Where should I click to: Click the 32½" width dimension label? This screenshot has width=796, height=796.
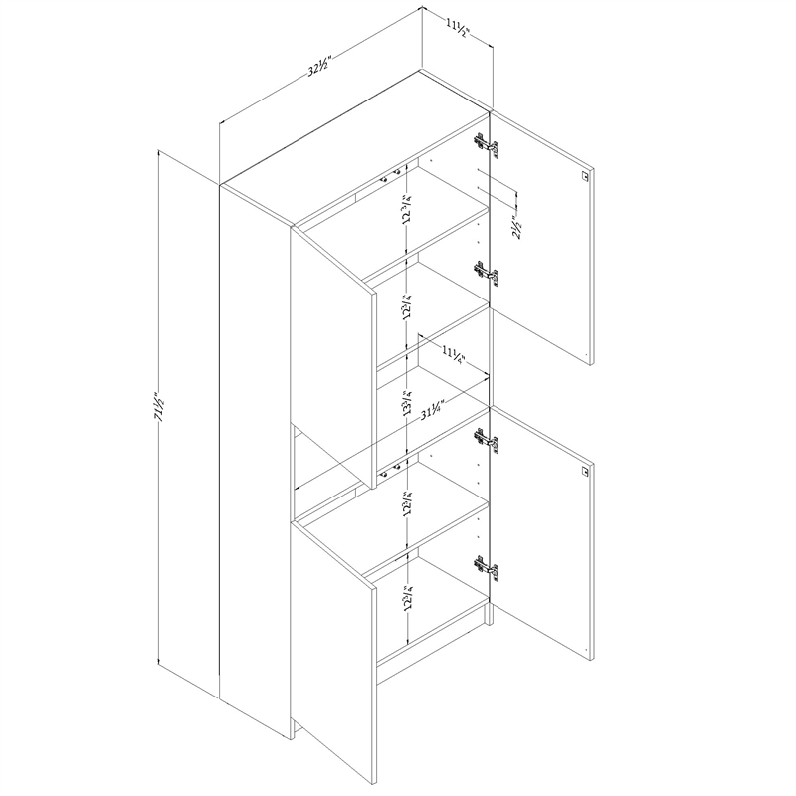pos(318,69)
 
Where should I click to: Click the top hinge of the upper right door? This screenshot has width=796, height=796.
pos(485,144)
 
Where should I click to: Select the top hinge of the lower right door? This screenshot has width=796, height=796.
pos(485,438)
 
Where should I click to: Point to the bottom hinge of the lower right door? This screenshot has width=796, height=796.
pos(486,569)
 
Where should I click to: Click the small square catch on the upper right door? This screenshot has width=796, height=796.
pos(584,175)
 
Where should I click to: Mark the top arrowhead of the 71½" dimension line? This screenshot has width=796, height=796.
pos(159,154)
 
